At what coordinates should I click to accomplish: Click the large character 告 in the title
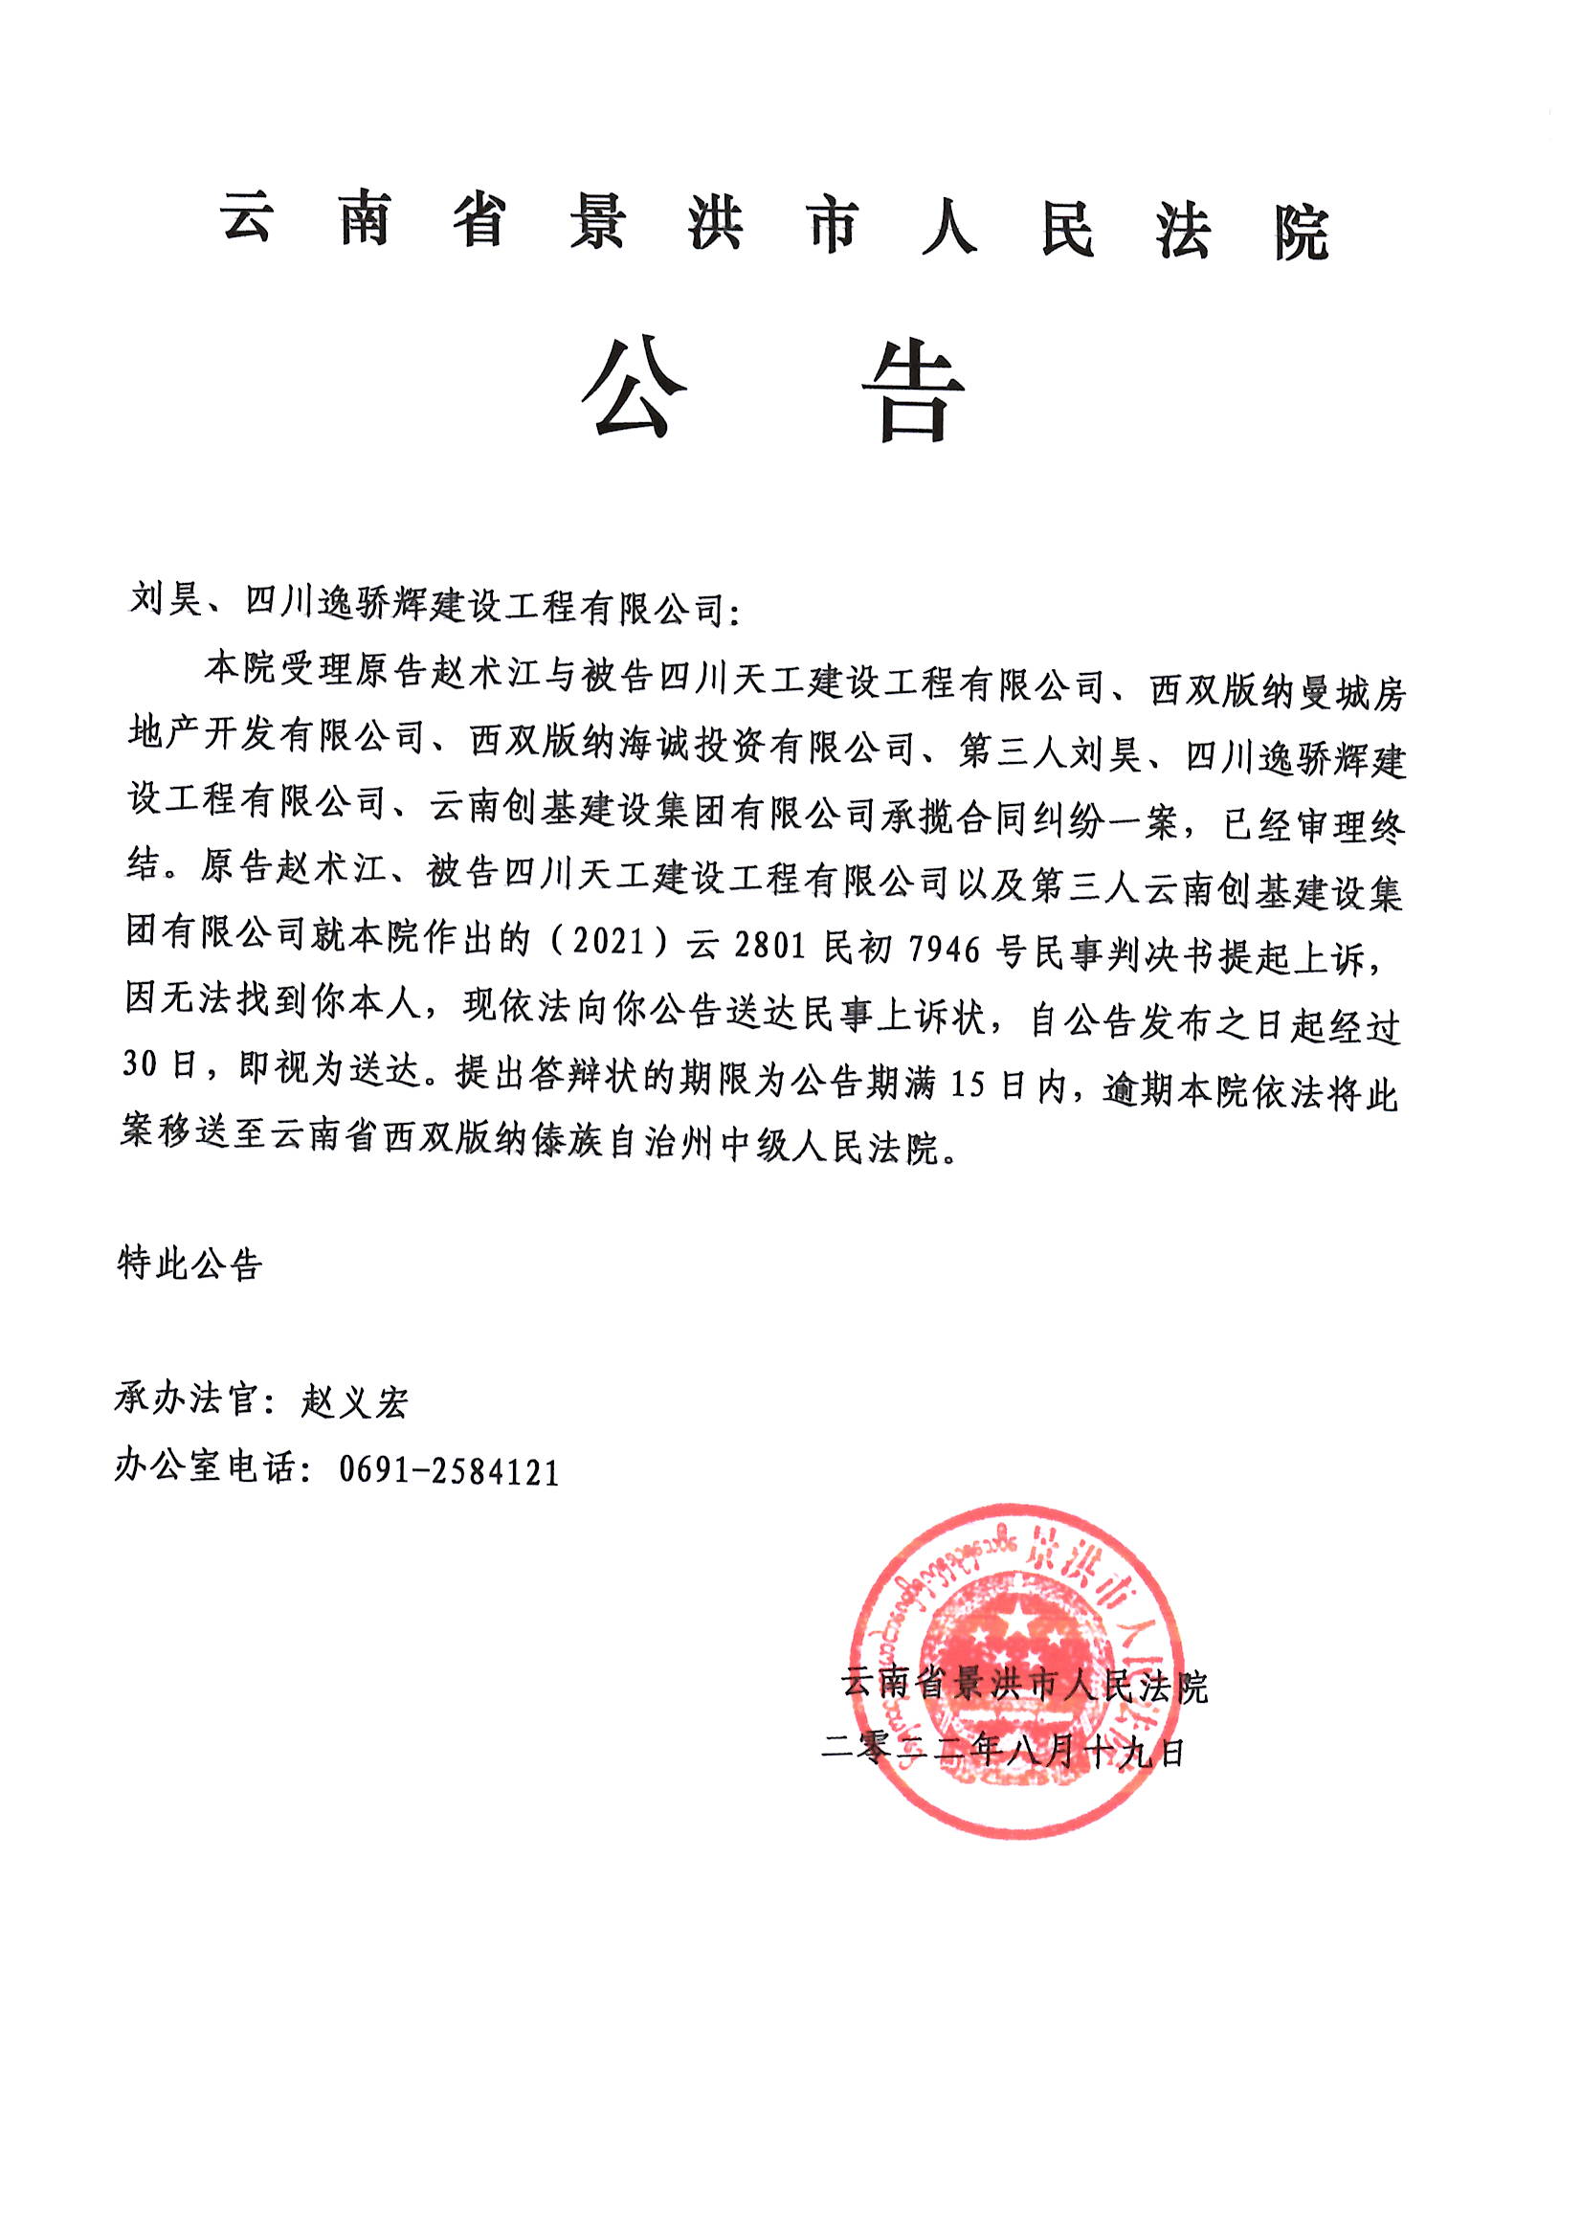point(912,392)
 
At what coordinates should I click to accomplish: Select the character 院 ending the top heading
point(1301,234)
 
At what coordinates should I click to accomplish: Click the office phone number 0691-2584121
point(450,1472)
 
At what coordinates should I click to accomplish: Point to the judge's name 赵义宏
point(354,1401)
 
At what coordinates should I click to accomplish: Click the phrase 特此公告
point(190,1264)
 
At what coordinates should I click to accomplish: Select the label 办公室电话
point(205,1466)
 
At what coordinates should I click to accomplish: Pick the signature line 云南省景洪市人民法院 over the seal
point(1023,1685)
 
